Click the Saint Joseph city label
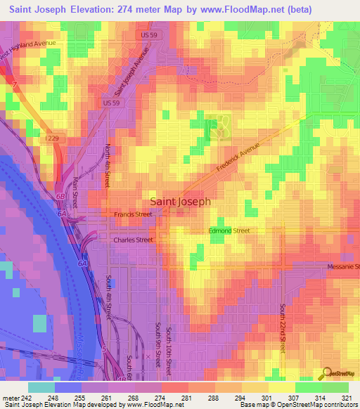point(181,200)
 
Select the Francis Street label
point(133,214)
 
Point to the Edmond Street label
point(229,231)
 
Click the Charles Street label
point(133,240)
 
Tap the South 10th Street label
point(169,344)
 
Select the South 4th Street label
point(110,297)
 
